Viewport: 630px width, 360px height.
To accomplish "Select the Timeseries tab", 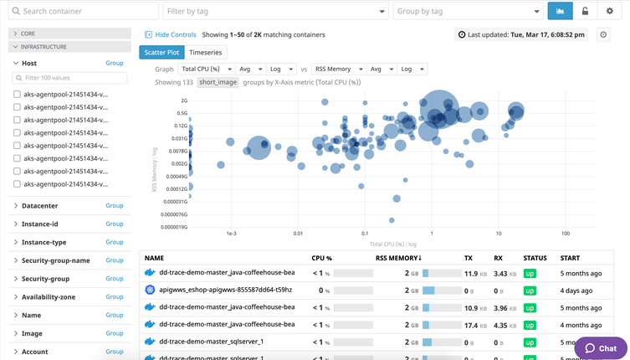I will [x=206, y=52].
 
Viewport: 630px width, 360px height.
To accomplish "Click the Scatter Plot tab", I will [x=161, y=52].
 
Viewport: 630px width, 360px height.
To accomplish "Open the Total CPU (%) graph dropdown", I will [x=204, y=69].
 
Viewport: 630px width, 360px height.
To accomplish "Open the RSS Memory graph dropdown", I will [x=338, y=69].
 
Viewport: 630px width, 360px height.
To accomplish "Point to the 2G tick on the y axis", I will [x=182, y=100].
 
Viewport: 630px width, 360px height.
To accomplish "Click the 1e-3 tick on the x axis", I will [x=231, y=234].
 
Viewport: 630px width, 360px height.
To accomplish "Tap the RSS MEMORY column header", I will [x=398, y=259].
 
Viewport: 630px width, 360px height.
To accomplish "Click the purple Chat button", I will [x=601, y=348].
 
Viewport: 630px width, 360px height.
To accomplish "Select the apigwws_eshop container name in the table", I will [x=221, y=290].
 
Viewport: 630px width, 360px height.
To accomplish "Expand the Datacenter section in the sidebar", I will [x=40, y=205].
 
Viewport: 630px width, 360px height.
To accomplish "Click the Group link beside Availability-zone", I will [x=114, y=297].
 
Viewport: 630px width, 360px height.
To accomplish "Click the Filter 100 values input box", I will [x=70, y=78].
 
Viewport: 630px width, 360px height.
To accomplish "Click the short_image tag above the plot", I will [x=218, y=83].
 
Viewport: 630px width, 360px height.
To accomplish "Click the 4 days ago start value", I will [x=579, y=290].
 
